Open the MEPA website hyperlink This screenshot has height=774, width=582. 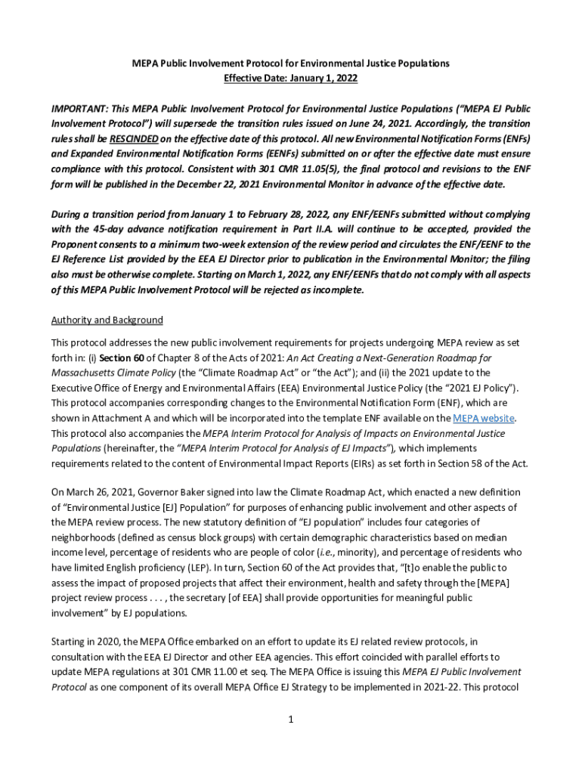(484, 418)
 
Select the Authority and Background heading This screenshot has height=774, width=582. (107, 320)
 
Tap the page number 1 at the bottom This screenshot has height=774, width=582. (290, 719)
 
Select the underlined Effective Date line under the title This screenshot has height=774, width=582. (290, 78)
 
